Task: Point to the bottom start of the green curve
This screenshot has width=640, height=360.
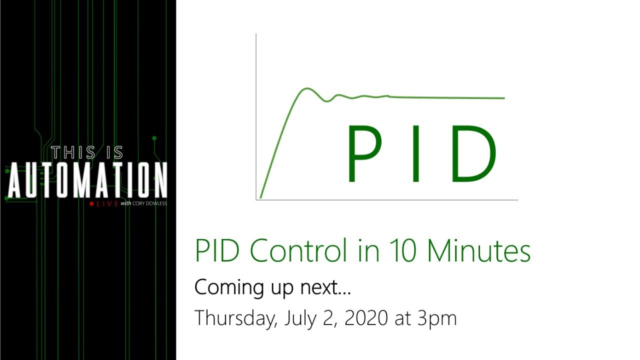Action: click(x=261, y=197)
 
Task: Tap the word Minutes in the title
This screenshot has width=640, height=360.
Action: click(x=478, y=251)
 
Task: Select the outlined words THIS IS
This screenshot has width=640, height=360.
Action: click(x=87, y=152)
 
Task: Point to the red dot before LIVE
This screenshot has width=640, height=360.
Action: click(x=91, y=204)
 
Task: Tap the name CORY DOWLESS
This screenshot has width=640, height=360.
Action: click(x=149, y=204)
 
